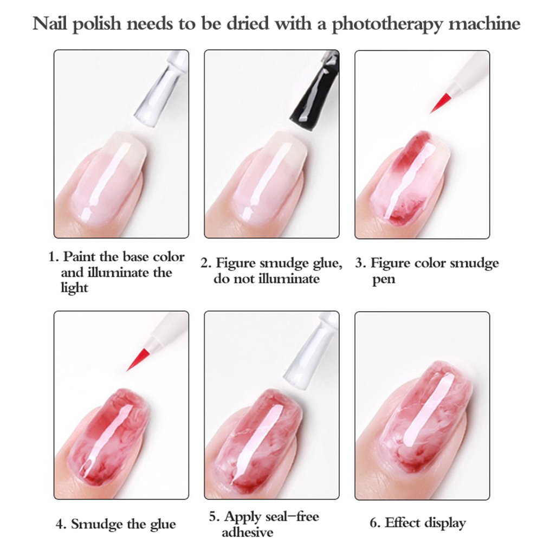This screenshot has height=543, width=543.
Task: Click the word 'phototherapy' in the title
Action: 387,24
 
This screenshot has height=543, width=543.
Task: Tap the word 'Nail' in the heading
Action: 50,23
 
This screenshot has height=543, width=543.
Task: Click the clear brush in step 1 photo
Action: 159,89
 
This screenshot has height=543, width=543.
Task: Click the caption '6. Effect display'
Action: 418,523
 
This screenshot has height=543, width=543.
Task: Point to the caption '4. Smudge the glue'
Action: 115,524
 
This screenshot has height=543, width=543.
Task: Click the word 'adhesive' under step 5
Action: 247,532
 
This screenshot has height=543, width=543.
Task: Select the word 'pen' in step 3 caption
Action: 383,280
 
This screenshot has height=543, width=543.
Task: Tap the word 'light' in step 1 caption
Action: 74,287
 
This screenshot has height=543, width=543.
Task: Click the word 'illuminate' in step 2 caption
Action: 289,279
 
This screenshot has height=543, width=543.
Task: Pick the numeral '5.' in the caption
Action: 215,516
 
